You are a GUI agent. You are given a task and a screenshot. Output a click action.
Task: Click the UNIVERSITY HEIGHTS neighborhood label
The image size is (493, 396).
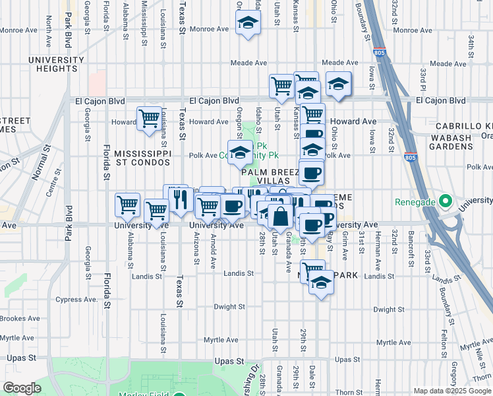pos(56,65)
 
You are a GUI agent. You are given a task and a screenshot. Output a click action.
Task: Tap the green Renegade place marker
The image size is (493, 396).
pos(445,200)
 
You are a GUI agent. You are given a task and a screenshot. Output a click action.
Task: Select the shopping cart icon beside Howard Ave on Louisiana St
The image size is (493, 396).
pos(150,119)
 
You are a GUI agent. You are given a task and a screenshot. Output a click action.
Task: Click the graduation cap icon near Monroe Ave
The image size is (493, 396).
pos(248,24)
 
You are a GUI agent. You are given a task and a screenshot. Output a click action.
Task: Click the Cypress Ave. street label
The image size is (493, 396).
pos(82,299)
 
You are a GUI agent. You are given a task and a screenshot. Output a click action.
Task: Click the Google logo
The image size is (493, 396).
pos(22,388)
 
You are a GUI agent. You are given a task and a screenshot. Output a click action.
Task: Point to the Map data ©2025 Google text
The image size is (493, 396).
pos(451,390)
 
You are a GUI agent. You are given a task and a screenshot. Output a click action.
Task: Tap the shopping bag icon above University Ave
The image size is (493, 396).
pos(280,216)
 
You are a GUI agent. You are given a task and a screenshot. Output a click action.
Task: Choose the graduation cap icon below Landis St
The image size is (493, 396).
pos(321,282)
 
